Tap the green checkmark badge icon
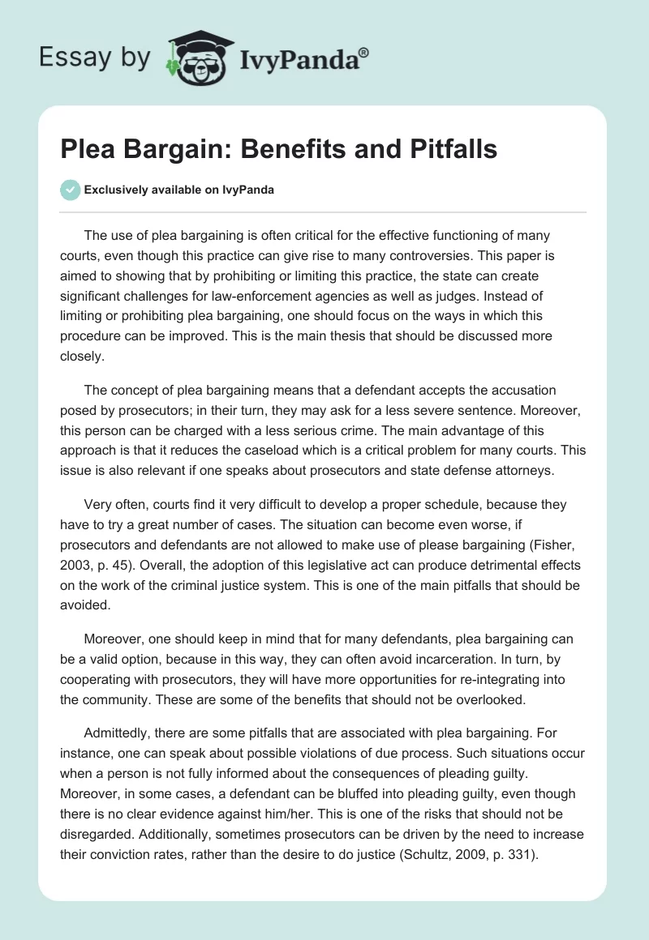click(71, 190)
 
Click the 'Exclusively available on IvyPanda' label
click(179, 190)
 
